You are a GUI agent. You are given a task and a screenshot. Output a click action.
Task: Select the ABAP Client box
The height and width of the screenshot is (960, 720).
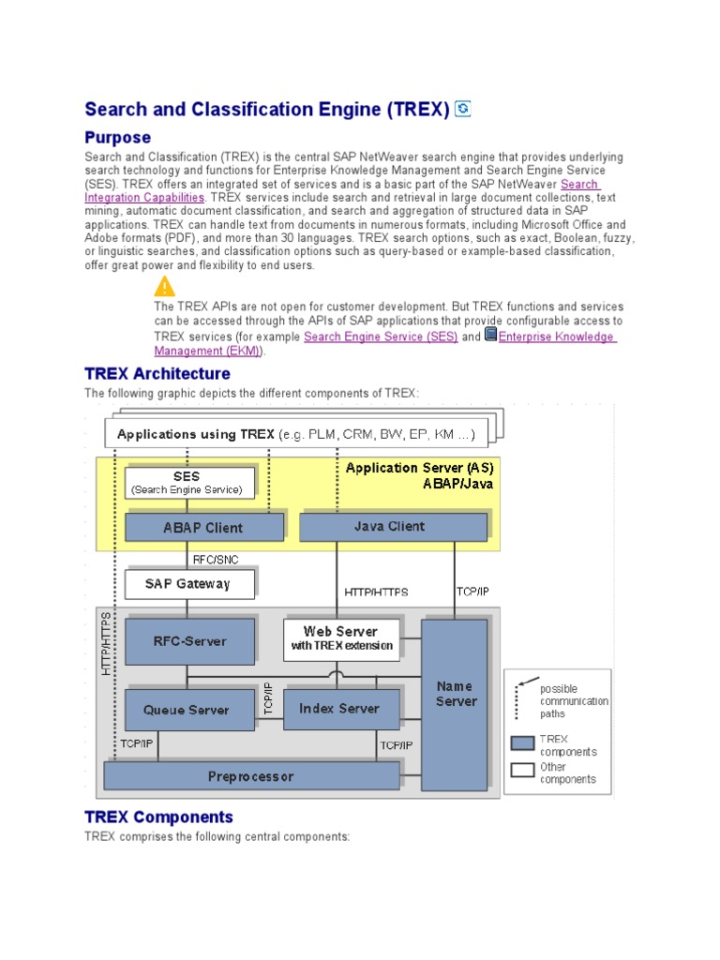pos(203,527)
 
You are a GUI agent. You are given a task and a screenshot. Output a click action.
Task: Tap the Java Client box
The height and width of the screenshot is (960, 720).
pos(392,526)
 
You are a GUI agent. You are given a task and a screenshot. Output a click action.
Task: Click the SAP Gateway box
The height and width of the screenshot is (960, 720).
pos(189,584)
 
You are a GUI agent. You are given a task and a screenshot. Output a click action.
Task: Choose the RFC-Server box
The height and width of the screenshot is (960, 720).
pos(190,641)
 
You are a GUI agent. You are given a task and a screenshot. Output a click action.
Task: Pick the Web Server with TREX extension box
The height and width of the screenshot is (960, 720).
pos(341,638)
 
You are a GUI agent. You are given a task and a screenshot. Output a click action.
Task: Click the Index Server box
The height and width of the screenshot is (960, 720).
pos(340,709)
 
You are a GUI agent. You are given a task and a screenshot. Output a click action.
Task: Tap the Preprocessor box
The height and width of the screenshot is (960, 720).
pos(250,776)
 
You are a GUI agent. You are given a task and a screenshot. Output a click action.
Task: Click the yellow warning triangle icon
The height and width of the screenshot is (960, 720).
pos(165,287)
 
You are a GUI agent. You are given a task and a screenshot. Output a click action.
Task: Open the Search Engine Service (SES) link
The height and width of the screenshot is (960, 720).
pos(381,337)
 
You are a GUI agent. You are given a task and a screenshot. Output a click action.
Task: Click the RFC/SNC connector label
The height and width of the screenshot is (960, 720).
pos(215,560)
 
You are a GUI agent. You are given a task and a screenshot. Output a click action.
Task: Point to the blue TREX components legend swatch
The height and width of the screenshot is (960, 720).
pos(523,744)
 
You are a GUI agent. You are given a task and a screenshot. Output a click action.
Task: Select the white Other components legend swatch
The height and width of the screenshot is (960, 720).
pos(523,772)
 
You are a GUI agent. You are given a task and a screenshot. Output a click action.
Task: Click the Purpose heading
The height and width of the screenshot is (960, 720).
pos(117,138)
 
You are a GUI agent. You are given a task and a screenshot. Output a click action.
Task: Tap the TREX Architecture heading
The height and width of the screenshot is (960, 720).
pos(157,374)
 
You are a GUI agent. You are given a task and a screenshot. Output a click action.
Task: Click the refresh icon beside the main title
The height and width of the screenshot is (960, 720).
pos(462,110)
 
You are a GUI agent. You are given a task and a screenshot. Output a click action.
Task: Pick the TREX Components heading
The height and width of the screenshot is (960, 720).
pos(158,817)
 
